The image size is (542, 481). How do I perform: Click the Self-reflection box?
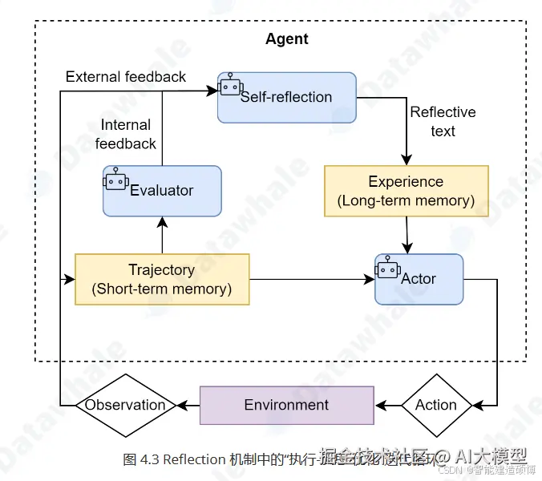(286, 97)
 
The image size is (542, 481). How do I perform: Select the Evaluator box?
(162, 191)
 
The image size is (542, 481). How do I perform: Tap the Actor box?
(419, 279)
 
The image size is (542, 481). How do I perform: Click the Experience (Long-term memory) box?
(406, 191)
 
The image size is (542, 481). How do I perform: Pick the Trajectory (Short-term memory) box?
(162, 279)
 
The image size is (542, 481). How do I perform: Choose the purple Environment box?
(286, 405)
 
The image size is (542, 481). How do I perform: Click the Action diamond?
(436, 405)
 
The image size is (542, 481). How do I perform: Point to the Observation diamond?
(125, 405)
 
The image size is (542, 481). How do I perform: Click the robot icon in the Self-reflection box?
(230, 85)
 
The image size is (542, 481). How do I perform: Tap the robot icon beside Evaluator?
(116, 179)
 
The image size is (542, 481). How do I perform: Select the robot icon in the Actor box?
(388, 267)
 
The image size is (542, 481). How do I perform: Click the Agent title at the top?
(287, 39)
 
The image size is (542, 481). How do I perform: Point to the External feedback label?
(126, 77)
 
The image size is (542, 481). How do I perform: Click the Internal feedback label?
(126, 135)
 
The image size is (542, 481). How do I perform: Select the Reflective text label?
(443, 121)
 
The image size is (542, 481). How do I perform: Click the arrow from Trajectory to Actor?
(312, 279)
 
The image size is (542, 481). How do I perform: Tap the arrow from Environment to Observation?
(188, 405)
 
